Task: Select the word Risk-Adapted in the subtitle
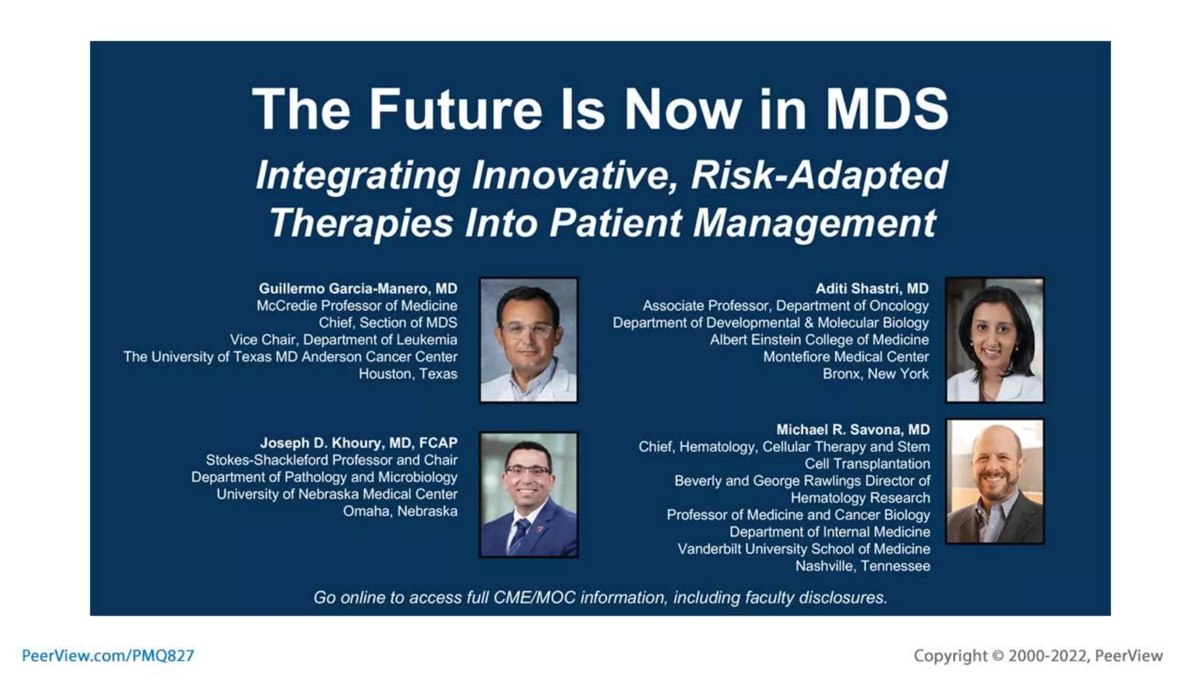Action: coord(819,175)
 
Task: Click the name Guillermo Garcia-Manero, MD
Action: coord(358,289)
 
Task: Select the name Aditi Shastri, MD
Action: coord(871,289)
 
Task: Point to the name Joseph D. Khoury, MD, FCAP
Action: coord(358,443)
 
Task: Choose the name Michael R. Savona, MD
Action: coord(853,430)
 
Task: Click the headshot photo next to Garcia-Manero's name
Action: coord(528,340)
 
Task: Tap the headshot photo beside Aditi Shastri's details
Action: coord(995,340)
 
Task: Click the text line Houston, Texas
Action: coord(408,374)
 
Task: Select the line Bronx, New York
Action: coord(875,374)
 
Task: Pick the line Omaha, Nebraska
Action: coord(400,511)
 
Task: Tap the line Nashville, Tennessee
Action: coord(862,566)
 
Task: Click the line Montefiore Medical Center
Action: coord(846,357)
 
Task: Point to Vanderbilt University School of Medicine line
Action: coord(803,549)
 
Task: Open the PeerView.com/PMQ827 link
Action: coord(108,656)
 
